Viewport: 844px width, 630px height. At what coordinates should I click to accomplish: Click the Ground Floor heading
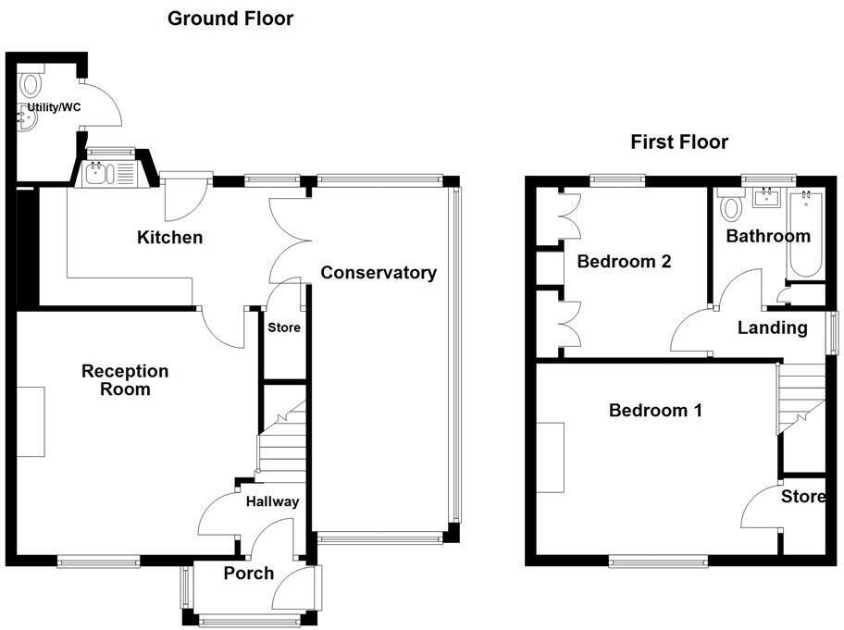(230, 19)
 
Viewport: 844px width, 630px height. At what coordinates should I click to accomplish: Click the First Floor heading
(679, 142)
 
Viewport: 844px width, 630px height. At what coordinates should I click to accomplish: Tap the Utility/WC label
(54, 108)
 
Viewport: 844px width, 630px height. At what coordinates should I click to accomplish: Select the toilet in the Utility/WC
(31, 84)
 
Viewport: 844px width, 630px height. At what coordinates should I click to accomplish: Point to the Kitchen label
(169, 238)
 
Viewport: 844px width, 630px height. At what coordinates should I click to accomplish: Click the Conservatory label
(379, 273)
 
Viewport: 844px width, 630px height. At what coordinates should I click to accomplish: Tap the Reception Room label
(125, 380)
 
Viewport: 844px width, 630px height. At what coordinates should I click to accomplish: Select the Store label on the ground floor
(284, 327)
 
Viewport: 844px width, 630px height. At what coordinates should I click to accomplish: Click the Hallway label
(272, 501)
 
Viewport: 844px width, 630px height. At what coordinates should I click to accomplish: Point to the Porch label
(249, 574)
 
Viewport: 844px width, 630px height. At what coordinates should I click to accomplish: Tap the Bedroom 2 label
(624, 262)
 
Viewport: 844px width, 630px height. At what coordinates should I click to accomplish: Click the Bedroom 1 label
(655, 410)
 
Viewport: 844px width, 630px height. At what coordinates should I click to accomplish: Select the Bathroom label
(767, 236)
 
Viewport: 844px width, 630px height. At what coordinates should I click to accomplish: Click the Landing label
(772, 327)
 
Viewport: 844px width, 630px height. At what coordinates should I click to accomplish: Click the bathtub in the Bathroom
(805, 236)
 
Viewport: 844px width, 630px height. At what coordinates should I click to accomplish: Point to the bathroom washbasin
(765, 197)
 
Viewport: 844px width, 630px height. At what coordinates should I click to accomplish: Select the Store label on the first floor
(802, 497)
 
